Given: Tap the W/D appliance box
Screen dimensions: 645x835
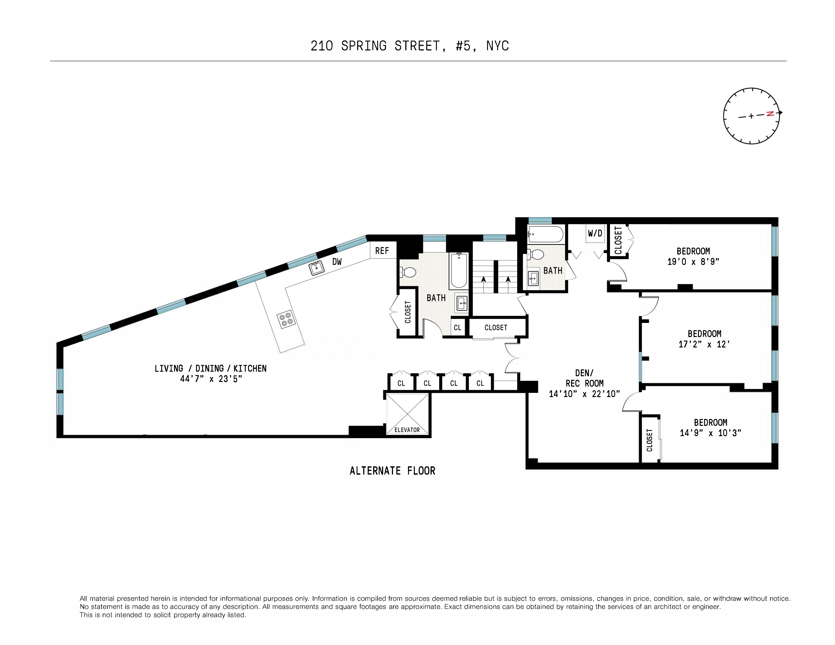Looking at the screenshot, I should (x=595, y=233).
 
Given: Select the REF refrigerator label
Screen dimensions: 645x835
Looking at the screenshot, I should (x=382, y=251).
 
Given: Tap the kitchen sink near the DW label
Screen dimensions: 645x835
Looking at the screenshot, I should (x=317, y=268).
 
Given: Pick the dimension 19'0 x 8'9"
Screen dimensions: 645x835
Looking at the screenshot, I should (x=693, y=262).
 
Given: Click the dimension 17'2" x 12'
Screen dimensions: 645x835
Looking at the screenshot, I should (x=704, y=344).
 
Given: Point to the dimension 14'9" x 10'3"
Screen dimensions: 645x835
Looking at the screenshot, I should (x=710, y=433).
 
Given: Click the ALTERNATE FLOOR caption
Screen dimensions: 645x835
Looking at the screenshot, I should (x=392, y=471).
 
